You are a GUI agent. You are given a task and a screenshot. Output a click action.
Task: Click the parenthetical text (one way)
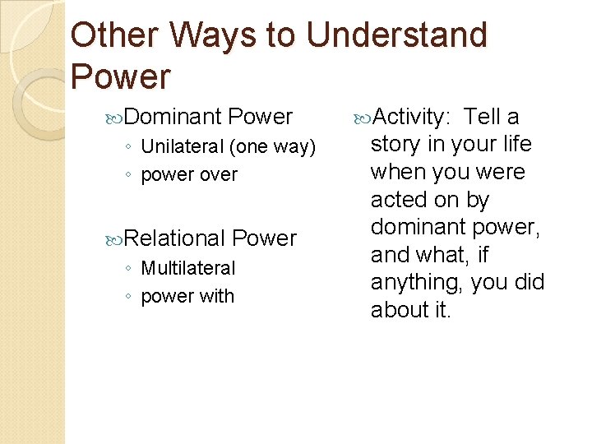coord(273,147)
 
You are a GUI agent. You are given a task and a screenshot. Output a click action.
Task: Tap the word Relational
coord(175,238)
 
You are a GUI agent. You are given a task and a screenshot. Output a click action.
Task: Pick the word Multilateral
coord(187,268)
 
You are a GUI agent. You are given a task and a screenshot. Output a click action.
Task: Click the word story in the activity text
coord(395,145)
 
